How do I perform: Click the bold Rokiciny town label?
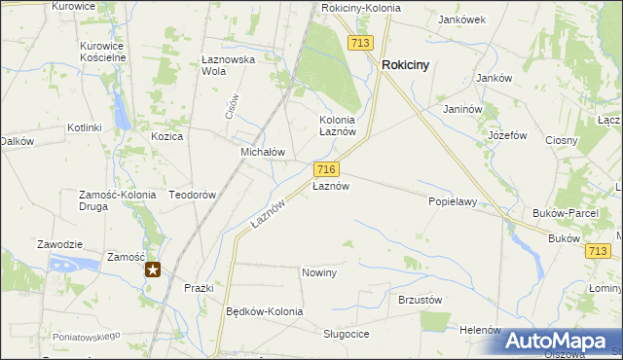[407, 65]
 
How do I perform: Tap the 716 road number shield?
[326, 169]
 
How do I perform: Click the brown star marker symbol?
[153, 270]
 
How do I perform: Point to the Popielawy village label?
[452, 202]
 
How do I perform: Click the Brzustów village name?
[421, 300]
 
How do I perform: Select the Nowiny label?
[319, 272]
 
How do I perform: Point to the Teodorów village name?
[192, 195]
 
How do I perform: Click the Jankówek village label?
[462, 18]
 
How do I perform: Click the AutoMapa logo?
[562, 341]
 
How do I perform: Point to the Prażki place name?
[199, 289]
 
